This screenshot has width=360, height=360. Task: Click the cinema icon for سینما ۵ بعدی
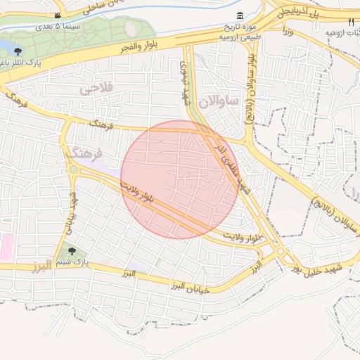(x=57, y=15)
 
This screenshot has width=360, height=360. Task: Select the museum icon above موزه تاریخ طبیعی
(x=241, y=16)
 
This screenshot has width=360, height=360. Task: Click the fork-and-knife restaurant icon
(x=352, y=22)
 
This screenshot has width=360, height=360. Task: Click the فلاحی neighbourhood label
(x=96, y=89)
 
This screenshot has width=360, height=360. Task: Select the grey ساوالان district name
(x=219, y=102)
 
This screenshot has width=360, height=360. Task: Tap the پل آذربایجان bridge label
(x=306, y=15)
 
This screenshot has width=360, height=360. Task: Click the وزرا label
(x=287, y=32)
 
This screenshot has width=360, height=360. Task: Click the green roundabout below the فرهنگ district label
(x=73, y=169)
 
